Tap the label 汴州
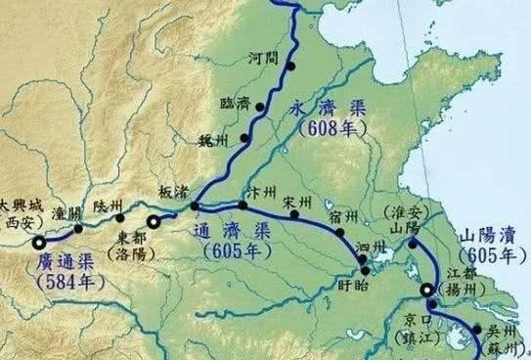click(259, 189)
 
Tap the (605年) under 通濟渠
click(233, 250)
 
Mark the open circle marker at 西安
click(38, 244)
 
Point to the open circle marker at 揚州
click(426, 291)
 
